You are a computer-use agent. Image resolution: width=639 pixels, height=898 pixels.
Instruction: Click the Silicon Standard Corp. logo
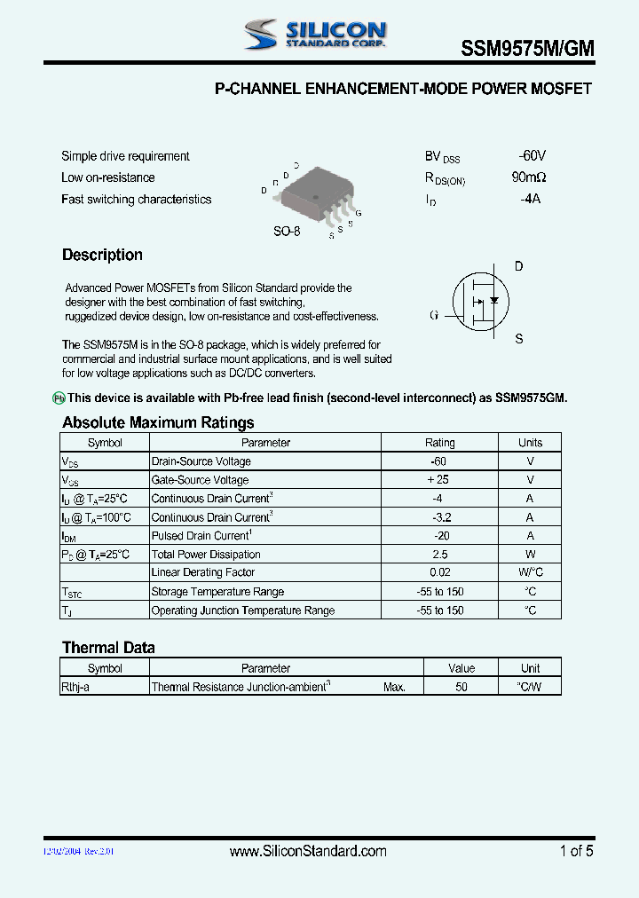tap(315, 35)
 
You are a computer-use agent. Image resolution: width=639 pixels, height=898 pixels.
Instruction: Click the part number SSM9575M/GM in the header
tap(527, 50)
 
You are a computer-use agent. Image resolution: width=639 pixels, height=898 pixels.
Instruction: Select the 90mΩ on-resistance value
tap(529, 177)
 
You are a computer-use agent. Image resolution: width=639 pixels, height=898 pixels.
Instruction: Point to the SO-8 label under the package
tap(286, 231)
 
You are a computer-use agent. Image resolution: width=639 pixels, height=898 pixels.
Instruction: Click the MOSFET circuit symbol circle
tap(482, 302)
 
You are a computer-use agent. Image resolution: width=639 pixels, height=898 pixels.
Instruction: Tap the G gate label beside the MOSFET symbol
tap(434, 314)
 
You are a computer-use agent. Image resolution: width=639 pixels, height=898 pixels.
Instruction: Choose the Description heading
tap(102, 255)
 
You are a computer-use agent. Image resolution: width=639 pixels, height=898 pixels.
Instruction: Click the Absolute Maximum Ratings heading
tap(158, 422)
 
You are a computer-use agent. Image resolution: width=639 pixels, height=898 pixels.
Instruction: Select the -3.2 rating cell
tap(439, 517)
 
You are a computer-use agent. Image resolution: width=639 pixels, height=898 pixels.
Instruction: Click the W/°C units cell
tap(530, 573)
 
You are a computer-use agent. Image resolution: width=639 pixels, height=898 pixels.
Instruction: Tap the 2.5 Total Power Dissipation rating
tap(439, 555)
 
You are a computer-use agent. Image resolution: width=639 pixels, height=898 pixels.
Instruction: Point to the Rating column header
tap(439, 443)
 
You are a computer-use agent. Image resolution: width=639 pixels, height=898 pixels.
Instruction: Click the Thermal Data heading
tap(108, 648)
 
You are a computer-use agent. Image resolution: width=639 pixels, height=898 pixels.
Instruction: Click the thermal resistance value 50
tap(461, 687)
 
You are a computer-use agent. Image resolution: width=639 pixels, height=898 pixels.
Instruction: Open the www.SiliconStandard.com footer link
tap(308, 851)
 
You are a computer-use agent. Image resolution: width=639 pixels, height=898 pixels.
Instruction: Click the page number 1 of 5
tap(576, 851)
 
